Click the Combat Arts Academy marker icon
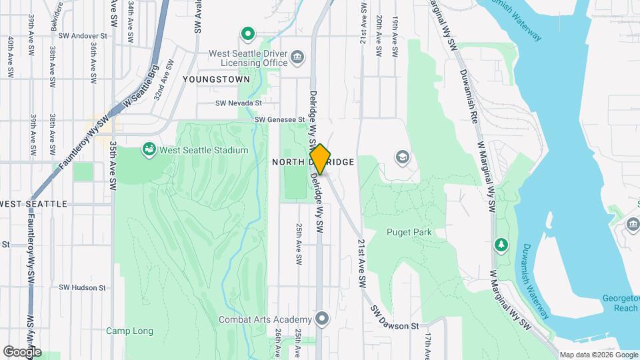323,319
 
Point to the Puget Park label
409,233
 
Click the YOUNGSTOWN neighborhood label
217,79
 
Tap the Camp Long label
129,331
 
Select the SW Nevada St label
239,103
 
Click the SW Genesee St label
279,120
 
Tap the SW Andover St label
83,35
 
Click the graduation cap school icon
402,157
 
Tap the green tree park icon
501,245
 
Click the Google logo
21,351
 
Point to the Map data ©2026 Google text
598,355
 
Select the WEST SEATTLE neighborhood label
35,204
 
